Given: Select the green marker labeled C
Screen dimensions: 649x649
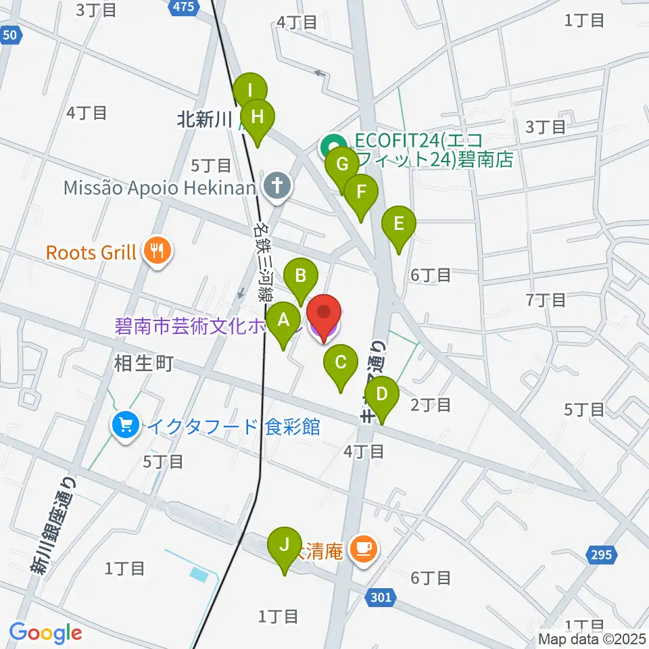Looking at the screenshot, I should pyautogui.click(x=341, y=364).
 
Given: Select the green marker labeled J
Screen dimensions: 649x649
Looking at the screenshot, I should pyautogui.click(x=285, y=546).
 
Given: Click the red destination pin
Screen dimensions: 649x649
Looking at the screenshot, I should pyautogui.click(x=324, y=314).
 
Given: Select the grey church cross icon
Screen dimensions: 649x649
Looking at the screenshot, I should pyautogui.click(x=277, y=187).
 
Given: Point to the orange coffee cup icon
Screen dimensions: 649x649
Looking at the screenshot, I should pyautogui.click(x=365, y=550).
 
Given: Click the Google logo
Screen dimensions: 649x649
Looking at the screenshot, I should pyautogui.click(x=45, y=633).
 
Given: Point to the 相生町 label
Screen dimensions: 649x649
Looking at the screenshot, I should pyautogui.click(x=145, y=364).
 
